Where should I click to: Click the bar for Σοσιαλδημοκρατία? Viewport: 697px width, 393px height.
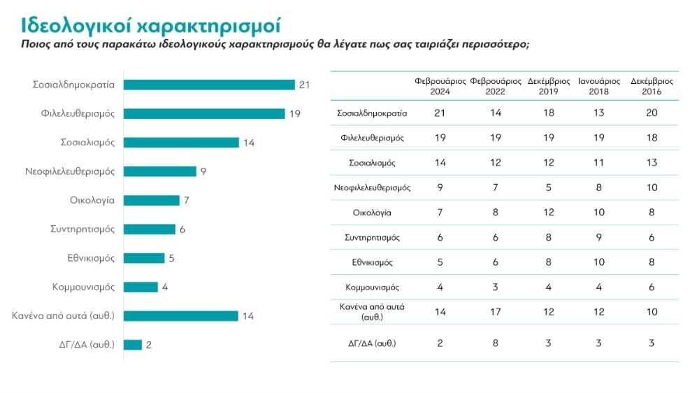209,85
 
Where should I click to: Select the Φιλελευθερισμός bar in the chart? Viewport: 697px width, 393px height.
204,113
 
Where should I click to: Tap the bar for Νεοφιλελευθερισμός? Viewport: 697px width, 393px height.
160,171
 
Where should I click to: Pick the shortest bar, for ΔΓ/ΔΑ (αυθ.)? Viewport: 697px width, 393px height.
133,345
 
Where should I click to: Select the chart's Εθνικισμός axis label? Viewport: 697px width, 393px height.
86,258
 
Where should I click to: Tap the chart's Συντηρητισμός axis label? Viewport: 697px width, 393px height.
82,229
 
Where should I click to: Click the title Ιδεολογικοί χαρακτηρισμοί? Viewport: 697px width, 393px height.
150,27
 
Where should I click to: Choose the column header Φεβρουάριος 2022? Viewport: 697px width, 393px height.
495,86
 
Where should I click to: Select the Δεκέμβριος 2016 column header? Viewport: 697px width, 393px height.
651,86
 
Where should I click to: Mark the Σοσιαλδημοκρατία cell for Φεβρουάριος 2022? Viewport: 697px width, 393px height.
495,113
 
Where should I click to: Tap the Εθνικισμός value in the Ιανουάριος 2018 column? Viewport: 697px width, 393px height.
599,262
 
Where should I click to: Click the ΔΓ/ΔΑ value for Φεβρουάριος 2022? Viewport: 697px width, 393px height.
495,343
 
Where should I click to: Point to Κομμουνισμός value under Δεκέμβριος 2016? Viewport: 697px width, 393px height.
651,287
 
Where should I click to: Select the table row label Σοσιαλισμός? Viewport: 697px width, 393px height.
372,162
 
